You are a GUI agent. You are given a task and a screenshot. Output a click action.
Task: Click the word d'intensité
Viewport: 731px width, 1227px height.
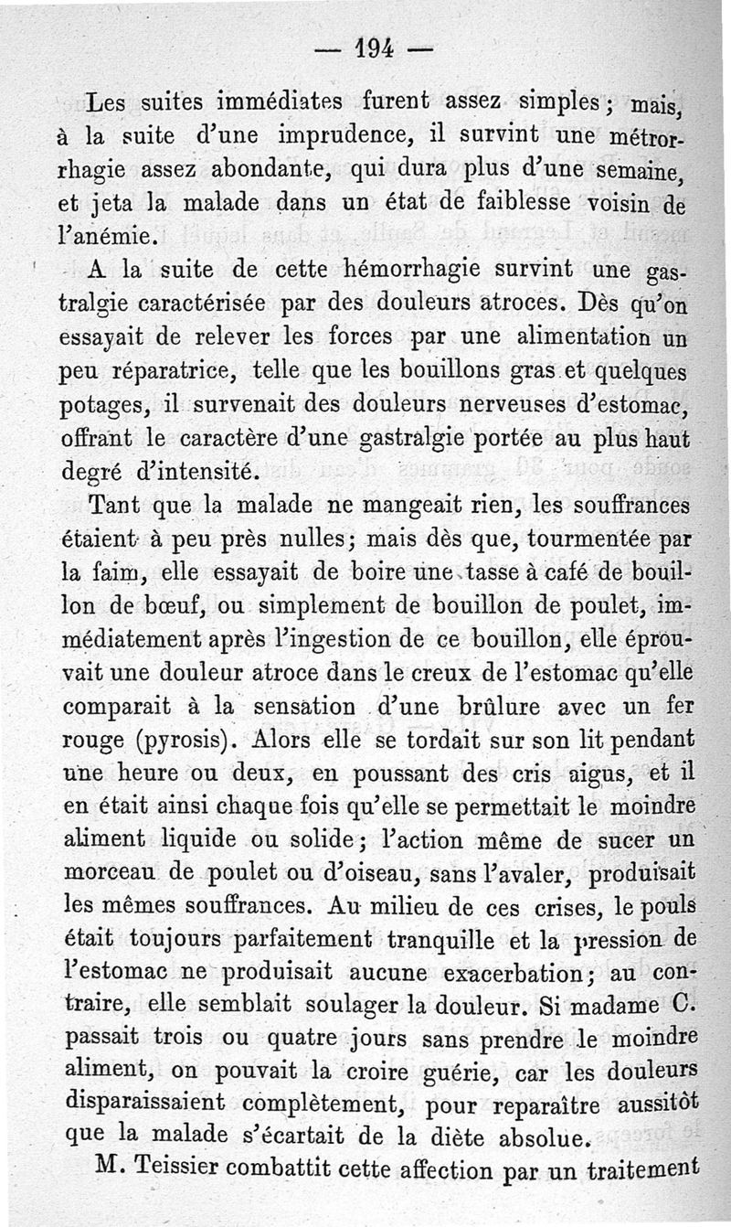point(194,473)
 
